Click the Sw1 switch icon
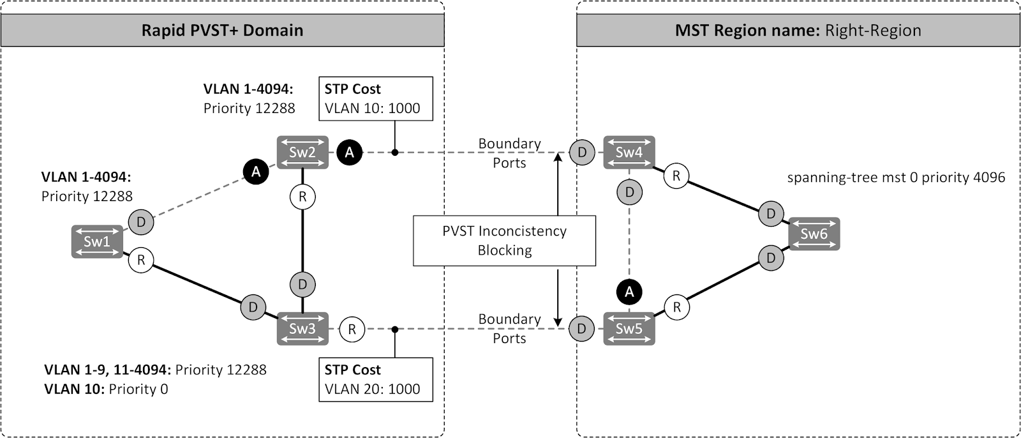point(97,241)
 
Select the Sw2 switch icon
point(302,152)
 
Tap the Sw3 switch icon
point(302,329)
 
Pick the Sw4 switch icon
point(629,152)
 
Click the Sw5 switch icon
point(629,329)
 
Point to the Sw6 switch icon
point(814,234)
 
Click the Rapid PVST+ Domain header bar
point(222,31)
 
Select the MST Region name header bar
point(798,31)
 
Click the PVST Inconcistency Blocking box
point(504,241)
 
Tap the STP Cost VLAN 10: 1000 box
point(375,98)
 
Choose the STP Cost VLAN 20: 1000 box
point(375,379)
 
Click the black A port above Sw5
point(629,292)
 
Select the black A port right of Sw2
point(349,152)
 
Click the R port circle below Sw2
point(302,197)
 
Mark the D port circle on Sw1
point(141,222)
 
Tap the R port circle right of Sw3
point(352,329)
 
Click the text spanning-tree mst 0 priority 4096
point(896,177)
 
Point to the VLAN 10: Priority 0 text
point(106,389)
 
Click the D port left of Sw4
point(581,152)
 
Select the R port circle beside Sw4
point(676,176)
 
